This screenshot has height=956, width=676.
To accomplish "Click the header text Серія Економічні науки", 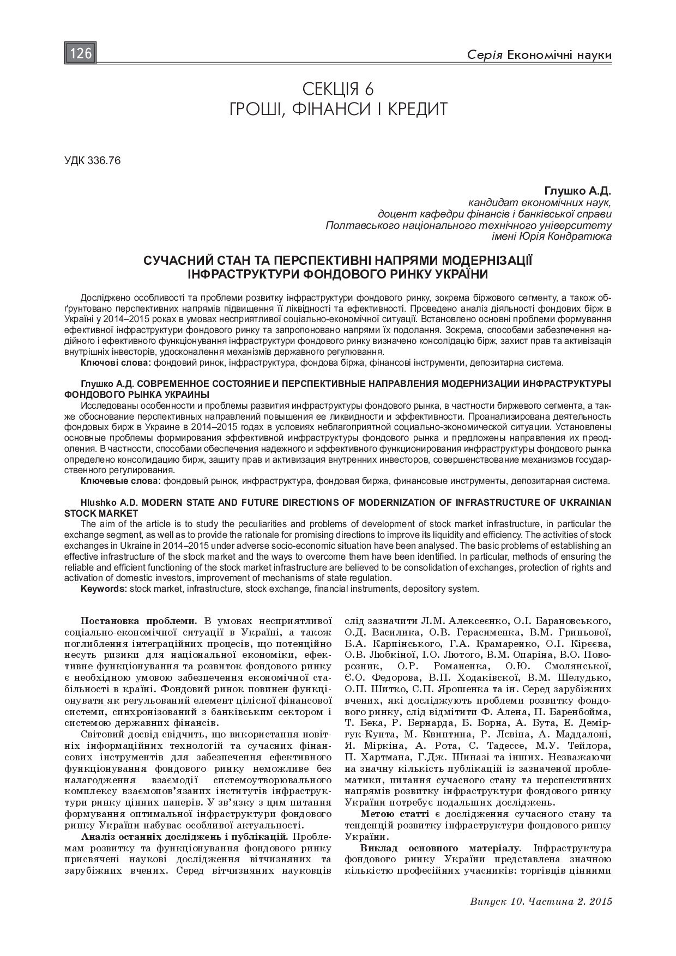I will [539, 55].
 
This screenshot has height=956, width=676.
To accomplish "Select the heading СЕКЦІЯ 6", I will [338, 88].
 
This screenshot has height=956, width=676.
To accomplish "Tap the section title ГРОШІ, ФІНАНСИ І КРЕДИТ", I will [338, 109].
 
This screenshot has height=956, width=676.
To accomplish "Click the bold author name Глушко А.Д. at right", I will [577, 191].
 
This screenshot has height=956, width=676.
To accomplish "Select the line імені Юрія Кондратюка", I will [551, 236].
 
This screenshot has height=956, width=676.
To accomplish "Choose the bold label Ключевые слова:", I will [121, 481].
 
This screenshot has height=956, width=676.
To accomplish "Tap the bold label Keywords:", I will [104, 589].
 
